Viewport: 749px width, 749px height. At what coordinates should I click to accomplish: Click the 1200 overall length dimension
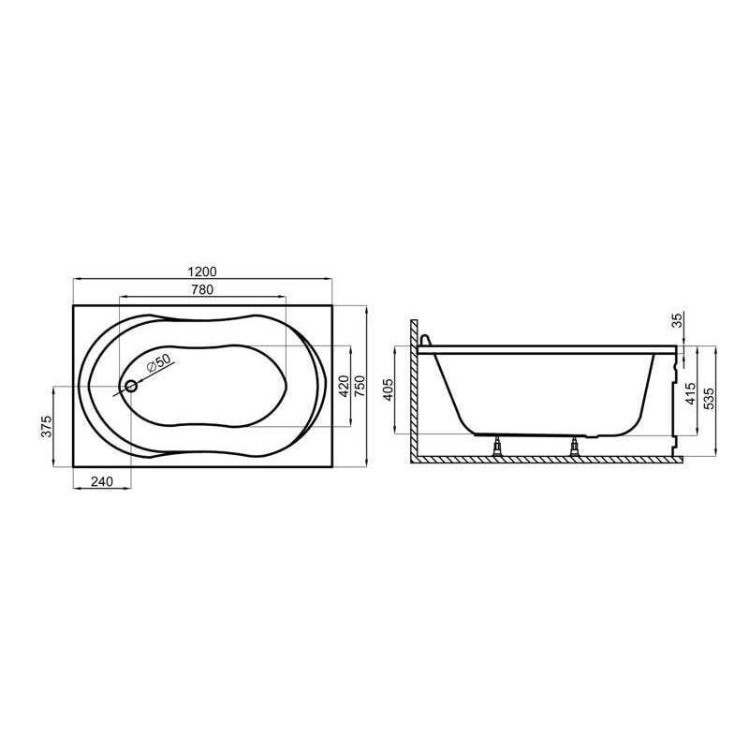click(202, 270)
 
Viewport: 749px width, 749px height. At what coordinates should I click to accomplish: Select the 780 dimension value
click(202, 290)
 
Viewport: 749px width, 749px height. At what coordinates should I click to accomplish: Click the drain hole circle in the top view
click(131, 386)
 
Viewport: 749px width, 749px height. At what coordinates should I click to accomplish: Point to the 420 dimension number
click(343, 385)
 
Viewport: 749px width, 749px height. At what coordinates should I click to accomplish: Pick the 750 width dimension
click(358, 385)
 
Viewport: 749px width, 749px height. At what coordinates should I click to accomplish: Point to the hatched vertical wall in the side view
click(413, 393)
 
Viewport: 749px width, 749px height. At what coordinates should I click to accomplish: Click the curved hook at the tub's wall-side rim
click(426, 342)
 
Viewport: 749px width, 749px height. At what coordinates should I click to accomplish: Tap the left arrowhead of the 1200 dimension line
click(75, 278)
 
